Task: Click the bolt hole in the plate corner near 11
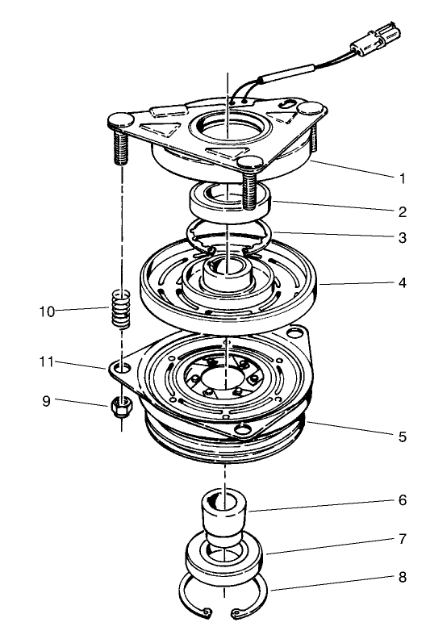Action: coord(121,368)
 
